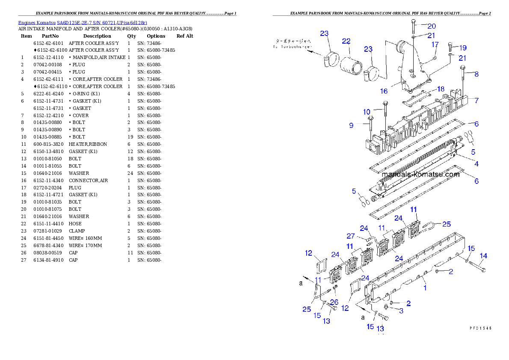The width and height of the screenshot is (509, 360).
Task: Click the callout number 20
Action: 431,26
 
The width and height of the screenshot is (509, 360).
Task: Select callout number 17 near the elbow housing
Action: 435,44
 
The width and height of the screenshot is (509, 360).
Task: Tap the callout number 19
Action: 462,47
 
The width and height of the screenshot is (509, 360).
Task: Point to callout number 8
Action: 476,74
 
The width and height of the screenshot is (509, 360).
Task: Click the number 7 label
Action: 476,100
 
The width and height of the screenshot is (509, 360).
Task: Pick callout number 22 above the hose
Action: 346,41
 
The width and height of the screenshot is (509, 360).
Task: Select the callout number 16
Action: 384,91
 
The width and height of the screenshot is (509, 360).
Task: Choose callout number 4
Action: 476,164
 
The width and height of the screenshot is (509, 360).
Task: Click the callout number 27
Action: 350,236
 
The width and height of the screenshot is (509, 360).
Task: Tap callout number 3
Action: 401,311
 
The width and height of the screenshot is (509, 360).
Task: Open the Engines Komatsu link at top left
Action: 83,23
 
